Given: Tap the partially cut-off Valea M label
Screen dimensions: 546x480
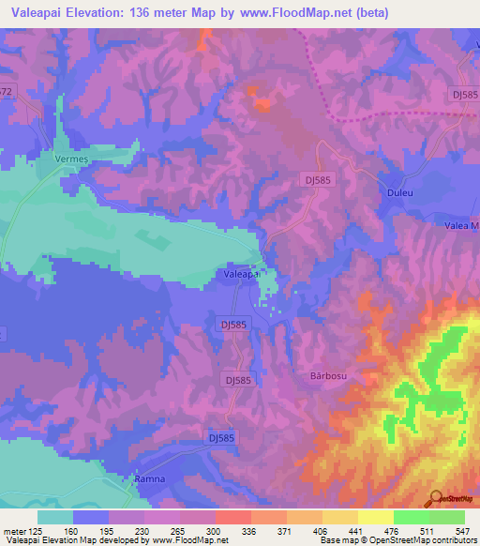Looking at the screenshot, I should tap(461, 226).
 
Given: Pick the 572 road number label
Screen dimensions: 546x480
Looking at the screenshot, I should tap(7, 92).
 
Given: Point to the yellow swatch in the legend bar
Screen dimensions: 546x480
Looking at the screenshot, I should tap(376, 517).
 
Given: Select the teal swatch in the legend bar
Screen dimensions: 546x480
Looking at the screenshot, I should tap(55, 517).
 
